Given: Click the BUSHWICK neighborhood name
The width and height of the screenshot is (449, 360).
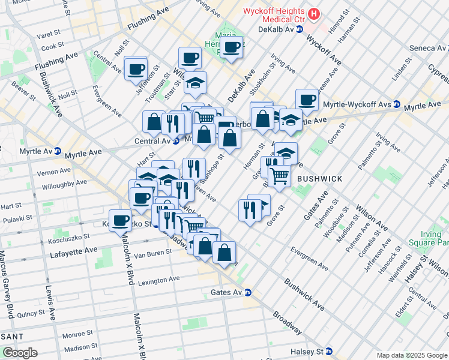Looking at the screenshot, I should click(319, 179).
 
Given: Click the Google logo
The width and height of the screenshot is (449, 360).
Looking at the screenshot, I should click(20, 353).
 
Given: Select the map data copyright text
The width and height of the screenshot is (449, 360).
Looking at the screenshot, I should click(412, 355).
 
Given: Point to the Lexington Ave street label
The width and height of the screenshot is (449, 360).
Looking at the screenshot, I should click(157, 279).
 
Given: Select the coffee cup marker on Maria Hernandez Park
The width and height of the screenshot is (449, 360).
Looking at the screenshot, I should click(232, 47).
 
